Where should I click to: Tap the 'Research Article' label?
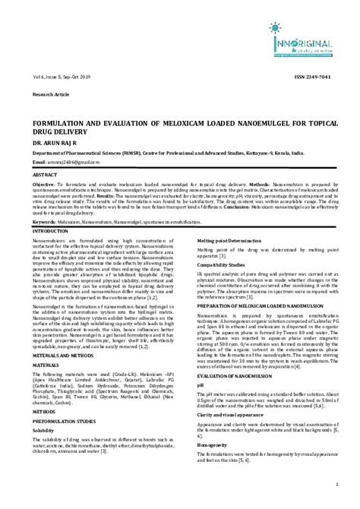[48, 96]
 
